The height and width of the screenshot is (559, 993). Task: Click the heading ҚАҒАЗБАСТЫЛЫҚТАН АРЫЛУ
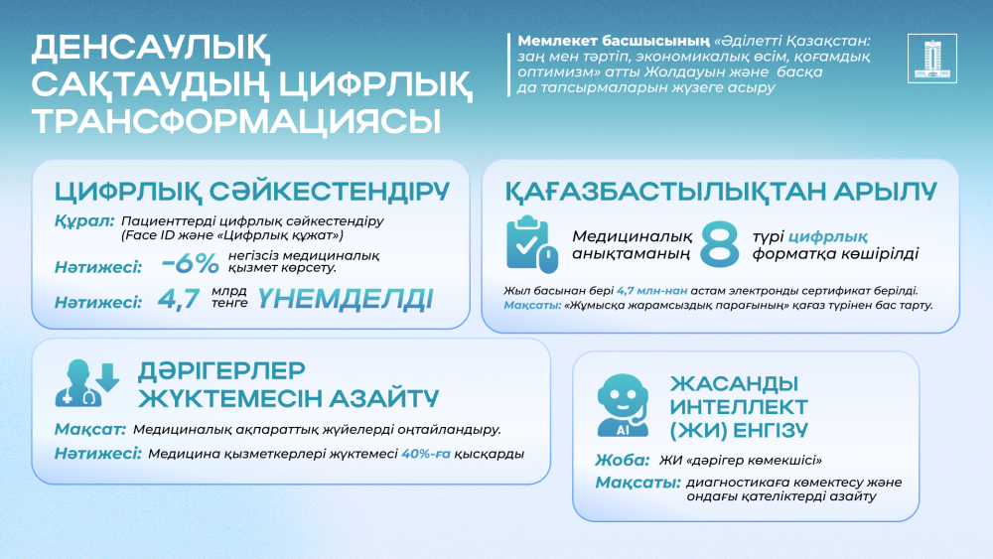pos(720,190)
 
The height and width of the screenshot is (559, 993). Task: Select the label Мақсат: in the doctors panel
pos(88,430)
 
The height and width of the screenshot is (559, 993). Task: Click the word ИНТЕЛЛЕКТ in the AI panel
pos(739,407)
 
